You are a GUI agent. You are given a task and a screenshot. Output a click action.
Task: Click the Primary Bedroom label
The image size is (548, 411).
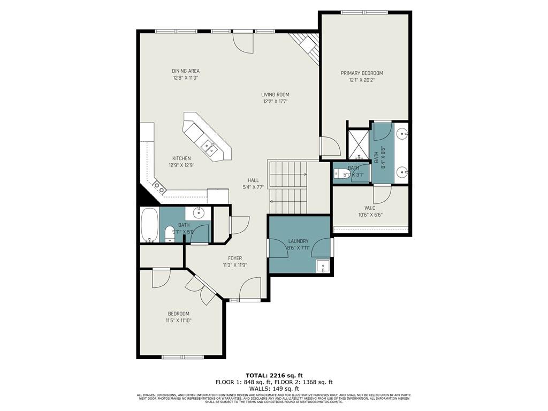(x=362, y=73)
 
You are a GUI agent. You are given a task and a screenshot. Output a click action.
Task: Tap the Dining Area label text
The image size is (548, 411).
(x=186, y=71)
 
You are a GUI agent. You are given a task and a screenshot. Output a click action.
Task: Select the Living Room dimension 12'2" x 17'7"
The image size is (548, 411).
(x=276, y=101)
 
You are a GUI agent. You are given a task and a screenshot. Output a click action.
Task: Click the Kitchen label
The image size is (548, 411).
(x=181, y=158)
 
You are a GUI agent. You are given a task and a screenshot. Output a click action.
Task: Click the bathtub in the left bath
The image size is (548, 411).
(x=149, y=225)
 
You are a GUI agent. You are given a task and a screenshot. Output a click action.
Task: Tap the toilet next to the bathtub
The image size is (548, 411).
(x=170, y=233)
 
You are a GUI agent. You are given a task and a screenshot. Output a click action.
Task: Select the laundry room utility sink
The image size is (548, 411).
(x=322, y=266)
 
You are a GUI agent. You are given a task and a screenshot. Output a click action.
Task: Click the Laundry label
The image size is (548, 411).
(x=298, y=241)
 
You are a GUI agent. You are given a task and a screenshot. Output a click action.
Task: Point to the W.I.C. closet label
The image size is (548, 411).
(x=373, y=208)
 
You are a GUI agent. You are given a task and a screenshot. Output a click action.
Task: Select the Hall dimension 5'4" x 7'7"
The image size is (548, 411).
(x=253, y=187)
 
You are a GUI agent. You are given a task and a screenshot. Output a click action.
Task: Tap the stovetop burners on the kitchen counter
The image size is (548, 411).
(x=159, y=187)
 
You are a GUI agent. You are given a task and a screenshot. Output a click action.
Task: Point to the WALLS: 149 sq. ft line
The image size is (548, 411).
(x=273, y=389)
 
